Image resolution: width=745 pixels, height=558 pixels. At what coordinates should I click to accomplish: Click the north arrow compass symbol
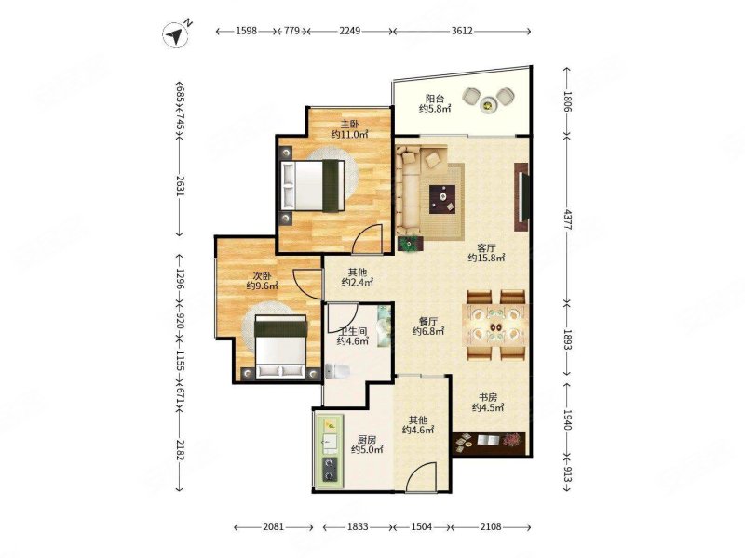tap(176, 34)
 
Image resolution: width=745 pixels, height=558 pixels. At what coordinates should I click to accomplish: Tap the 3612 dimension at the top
tap(462, 31)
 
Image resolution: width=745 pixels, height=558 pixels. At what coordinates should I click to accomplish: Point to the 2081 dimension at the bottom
tap(274, 526)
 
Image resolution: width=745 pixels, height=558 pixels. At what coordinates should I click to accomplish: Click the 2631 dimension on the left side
tap(180, 185)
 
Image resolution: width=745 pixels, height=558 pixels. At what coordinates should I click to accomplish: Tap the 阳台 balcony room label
tap(435, 99)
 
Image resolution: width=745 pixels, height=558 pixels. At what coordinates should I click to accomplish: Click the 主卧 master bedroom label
tap(349, 125)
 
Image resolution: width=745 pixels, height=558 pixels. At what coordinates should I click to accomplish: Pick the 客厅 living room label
tap(486, 247)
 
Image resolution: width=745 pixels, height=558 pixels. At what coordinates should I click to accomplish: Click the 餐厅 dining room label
tap(428, 321)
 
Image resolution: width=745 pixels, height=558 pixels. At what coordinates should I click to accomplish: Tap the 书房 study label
tap(488, 397)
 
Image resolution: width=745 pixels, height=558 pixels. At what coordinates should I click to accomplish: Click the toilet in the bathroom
tap(337, 371)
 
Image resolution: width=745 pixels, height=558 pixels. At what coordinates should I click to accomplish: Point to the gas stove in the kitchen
tap(330, 469)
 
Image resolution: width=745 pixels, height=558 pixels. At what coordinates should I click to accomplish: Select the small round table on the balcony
tap(488, 103)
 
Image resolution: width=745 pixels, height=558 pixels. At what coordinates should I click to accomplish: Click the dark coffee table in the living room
tap(442, 199)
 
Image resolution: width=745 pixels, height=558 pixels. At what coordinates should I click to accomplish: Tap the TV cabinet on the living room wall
tap(521, 197)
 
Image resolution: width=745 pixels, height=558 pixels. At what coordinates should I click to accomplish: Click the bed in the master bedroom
tap(313, 184)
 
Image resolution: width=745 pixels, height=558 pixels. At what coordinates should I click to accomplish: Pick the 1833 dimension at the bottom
tap(358, 526)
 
